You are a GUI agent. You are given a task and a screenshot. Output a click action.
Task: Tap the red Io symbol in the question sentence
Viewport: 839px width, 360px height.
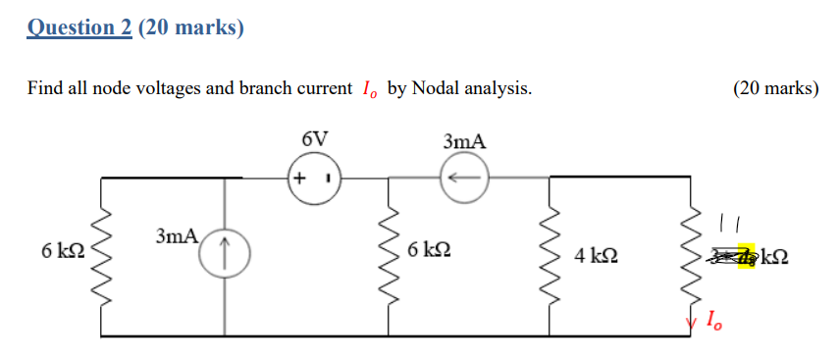click(x=368, y=90)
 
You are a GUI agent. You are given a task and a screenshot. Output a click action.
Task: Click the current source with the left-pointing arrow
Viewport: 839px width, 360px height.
click(x=464, y=179)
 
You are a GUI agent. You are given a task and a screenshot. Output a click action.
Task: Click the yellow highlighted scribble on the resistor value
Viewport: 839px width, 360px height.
click(x=745, y=256)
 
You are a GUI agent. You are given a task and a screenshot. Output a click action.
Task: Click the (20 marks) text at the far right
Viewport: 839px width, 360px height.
click(x=775, y=89)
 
